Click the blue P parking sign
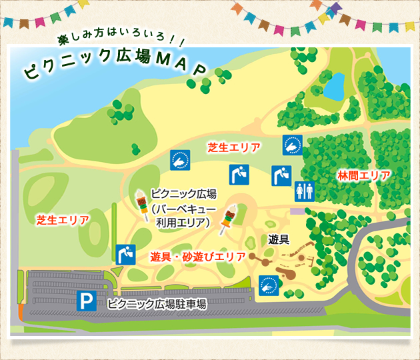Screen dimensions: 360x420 pos(86,301)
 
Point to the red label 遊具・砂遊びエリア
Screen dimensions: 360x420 pos(198,256)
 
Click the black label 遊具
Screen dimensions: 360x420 pos(279,239)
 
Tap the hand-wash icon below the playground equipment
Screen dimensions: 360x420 pos(268,285)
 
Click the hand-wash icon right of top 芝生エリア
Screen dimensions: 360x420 pos(292,145)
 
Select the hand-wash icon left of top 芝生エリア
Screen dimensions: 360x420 pos(181,161)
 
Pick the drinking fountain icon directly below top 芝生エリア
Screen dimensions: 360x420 pos(239,175)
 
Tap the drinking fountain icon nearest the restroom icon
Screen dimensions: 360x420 pos(280,175)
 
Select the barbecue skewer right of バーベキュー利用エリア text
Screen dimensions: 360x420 pos(229,219)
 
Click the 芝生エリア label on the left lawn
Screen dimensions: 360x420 pos(62,219)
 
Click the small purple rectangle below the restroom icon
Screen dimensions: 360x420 pos(297,211)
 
